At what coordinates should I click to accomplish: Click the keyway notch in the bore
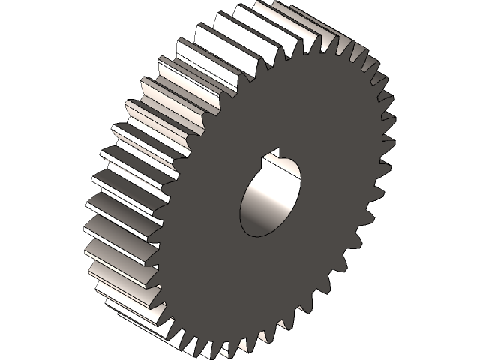tap(279, 158)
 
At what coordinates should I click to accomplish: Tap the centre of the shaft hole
tap(270, 196)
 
